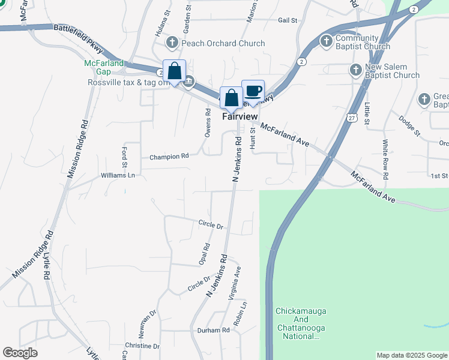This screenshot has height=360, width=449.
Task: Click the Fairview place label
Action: [x=240, y=116]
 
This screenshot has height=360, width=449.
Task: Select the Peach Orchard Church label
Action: [x=224, y=43]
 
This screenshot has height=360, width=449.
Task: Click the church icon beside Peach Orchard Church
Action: [x=172, y=43]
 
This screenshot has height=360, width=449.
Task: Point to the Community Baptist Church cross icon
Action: [x=325, y=41]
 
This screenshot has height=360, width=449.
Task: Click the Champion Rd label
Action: [x=169, y=157]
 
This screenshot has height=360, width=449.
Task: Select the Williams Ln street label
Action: [x=118, y=176]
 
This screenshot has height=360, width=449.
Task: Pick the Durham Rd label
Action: [x=214, y=331]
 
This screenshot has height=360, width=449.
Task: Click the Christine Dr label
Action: [x=142, y=346]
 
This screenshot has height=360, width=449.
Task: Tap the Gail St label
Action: [x=288, y=20]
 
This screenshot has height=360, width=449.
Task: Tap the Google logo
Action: [x=20, y=353]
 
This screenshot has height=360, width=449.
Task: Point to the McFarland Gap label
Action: [x=104, y=67]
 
